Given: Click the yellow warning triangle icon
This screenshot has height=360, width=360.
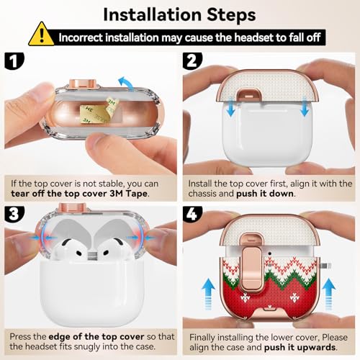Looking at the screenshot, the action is (x=41, y=35).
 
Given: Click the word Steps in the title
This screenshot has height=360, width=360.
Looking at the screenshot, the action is (x=231, y=15).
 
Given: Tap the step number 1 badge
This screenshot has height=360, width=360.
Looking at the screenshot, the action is (x=14, y=61).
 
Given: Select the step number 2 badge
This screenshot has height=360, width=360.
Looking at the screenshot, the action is (x=192, y=61).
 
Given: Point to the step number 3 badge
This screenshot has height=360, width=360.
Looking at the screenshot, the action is (x=14, y=214).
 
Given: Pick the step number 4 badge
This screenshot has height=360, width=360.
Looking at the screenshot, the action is (x=192, y=214).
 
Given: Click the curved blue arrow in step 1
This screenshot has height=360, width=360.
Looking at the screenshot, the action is (x=127, y=84).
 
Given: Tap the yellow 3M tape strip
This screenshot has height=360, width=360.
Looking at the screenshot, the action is (x=99, y=111).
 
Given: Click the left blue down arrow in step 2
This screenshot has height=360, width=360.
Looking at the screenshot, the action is (x=231, y=107).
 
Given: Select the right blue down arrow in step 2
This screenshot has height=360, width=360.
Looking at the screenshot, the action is (x=305, y=107).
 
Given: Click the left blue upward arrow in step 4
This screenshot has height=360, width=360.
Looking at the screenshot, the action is (x=208, y=294).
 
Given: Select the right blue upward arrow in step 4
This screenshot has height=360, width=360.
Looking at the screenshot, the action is (x=328, y=294).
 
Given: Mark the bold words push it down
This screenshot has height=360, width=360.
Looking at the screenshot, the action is (x=265, y=194).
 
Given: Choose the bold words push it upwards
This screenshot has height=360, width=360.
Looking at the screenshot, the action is (x=300, y=347).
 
